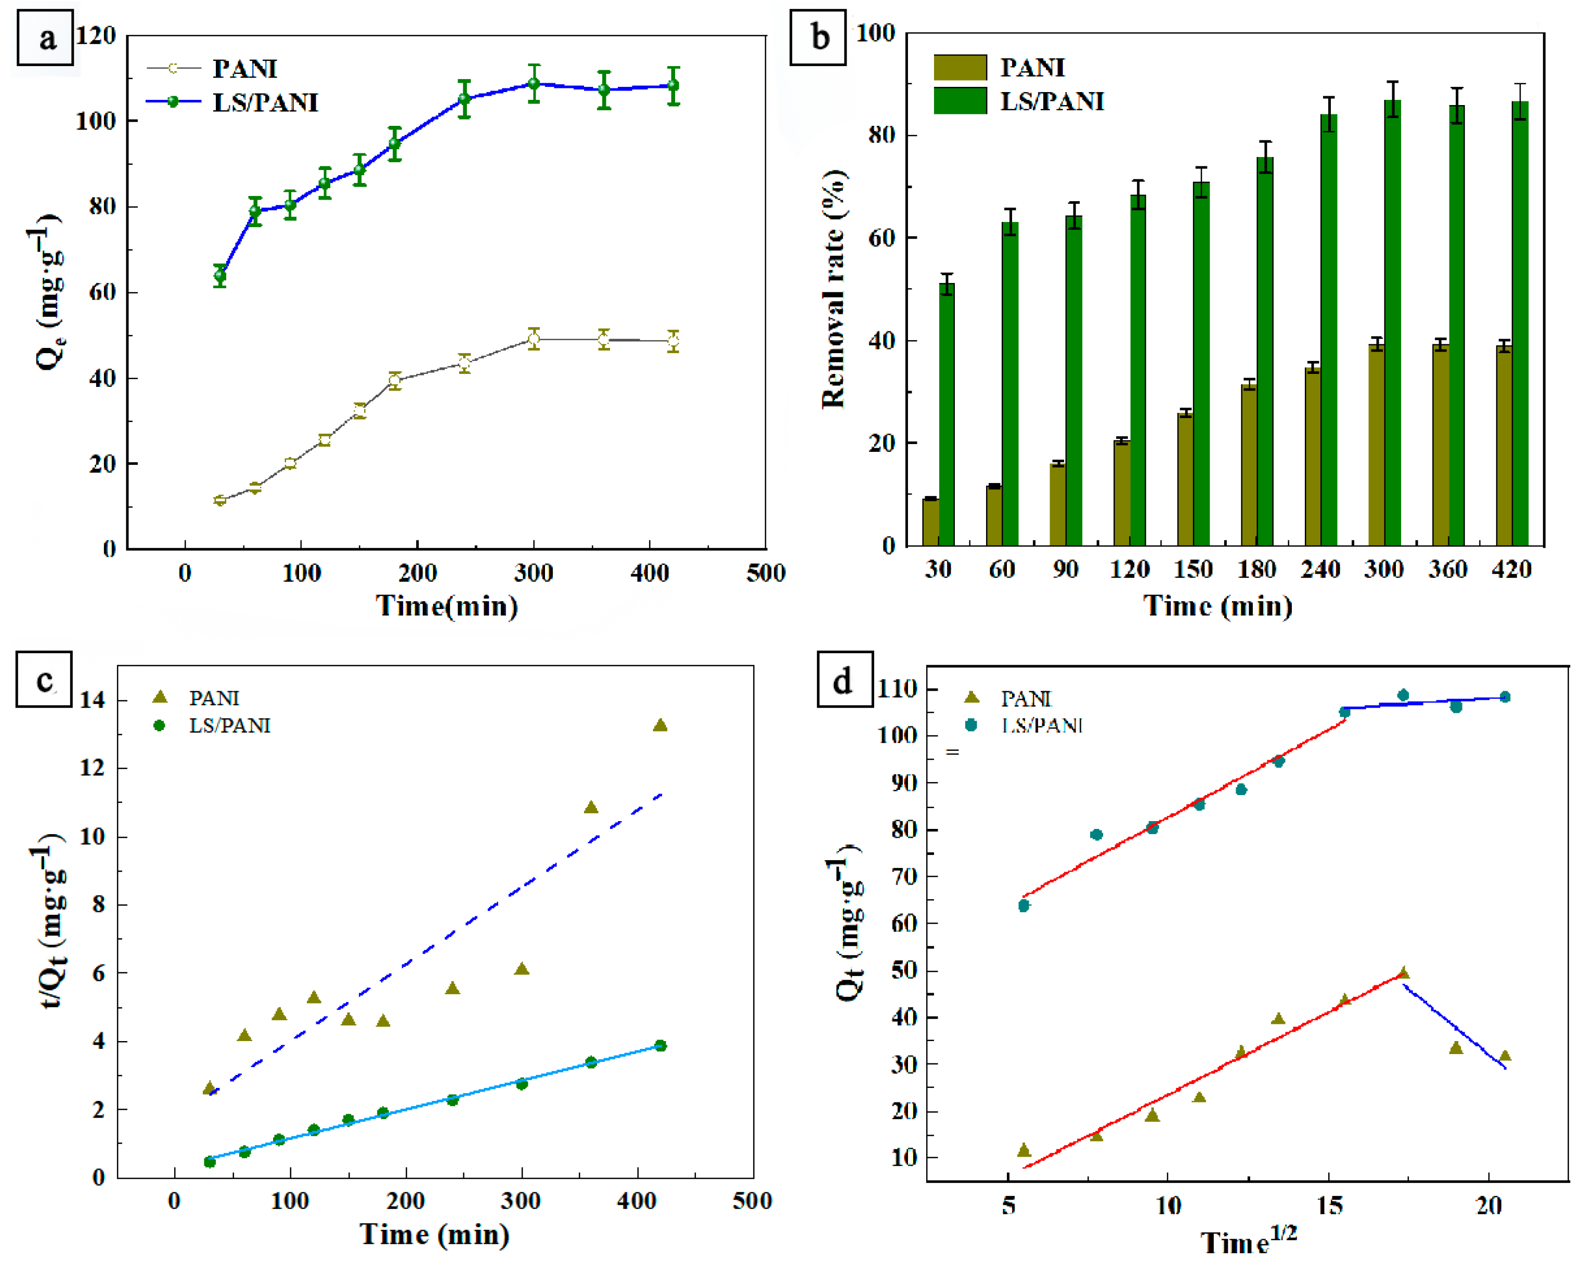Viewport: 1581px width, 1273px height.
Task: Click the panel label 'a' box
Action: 45,37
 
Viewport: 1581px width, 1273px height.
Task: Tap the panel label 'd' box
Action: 845,680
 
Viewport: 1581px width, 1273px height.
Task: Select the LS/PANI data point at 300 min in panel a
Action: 534,84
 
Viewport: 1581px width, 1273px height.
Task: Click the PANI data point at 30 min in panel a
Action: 219,500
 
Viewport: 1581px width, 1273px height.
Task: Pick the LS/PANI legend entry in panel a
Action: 265,102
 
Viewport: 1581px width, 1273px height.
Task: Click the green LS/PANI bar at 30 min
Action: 947,414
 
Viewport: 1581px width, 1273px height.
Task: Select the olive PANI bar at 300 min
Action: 1377,445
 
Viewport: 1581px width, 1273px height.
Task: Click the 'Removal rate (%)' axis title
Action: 834,290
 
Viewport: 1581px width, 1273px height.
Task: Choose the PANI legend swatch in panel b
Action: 960,68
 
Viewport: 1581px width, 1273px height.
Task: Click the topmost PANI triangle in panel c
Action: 660,725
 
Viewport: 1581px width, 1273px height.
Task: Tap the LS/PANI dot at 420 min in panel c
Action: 660,1045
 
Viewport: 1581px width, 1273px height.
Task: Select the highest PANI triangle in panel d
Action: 1403,973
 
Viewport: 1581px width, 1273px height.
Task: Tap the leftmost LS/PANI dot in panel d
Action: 1023,906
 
